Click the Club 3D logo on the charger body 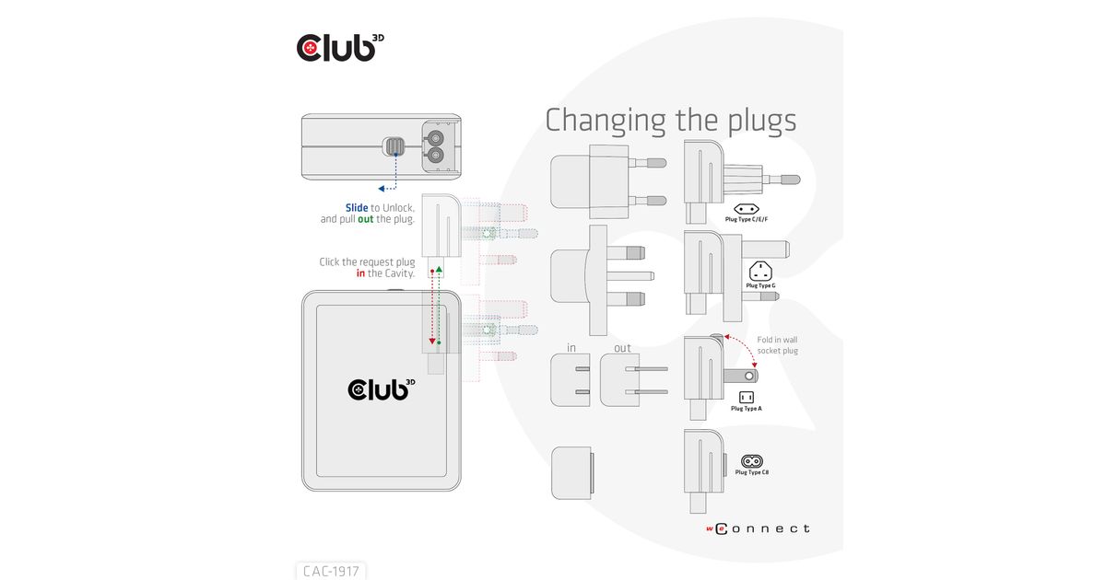point(382,389)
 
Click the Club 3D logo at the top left point(340,47)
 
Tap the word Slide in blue point(357,208)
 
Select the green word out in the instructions point(365,219)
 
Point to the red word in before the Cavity point(361,273)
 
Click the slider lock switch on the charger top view point(394,146)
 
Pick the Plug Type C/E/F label point(746,219)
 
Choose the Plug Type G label point(760,285)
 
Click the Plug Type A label point(746,409)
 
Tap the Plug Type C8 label point(751,472)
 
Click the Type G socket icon point(760,272)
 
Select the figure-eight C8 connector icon point(751,461)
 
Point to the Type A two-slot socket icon point(746,397)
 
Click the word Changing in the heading point(606,121)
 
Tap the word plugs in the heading point(762,122)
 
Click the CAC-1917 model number point(331,571)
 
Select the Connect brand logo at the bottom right point(758,528)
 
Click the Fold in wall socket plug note point(777,345)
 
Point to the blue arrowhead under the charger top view point(382,189)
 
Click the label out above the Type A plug point(622,348)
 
